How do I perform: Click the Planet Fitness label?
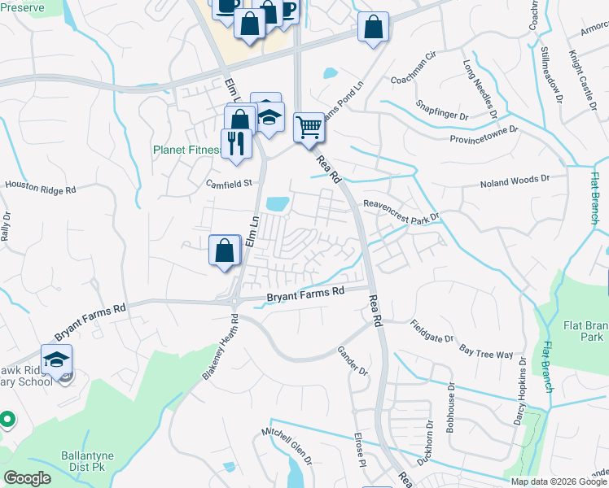click(x=186, y=150)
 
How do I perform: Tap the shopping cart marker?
click(x=309, y=127)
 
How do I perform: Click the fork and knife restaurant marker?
click(x=236, y=143)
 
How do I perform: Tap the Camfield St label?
click(x=230, y=183)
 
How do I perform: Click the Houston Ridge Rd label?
click(x=40, y=186)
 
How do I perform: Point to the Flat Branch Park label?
click(x=584, y=330)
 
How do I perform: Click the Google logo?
click(x=28, y=478)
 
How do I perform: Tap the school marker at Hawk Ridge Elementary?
click(x=57, y=361)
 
